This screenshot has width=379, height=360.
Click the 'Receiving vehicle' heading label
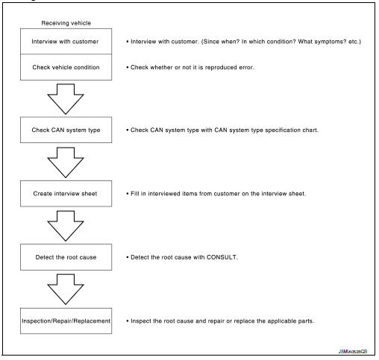pyautogui.click(x=66, y=23)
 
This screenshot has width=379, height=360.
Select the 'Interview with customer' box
pyautogui.click(x=66, y=41)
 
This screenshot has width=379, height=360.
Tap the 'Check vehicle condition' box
pyautogui.click(x=66, y=67)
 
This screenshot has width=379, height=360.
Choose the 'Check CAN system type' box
pyautogui.click(x=66, y=130)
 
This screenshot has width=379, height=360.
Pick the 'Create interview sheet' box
pyautogui.click(x=66, y=194)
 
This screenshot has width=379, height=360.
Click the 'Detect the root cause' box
pyautogui.click(x=66, y=257)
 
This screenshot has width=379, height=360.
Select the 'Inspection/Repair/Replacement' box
pyautogui.click(x=66, y=320)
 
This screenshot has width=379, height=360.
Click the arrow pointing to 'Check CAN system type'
pyautogui.click(x=66, y=99)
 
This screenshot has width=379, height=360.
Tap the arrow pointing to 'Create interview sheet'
pyautogui.click(x=66, y=162)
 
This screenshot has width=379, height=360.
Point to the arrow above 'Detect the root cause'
pyautogui.click(x=66, y=226)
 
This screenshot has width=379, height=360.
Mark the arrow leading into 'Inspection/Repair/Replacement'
pyautogui.click(x=66, y=289)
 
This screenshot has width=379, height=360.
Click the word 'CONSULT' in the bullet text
pyautogui.click(x=222, y=257)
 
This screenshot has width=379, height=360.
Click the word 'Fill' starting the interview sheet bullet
pyautogui.click(x=135, y=194)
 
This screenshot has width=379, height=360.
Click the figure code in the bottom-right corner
pyautogui.click(x=353, y=351)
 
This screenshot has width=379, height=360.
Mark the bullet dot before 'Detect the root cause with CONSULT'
pyautogui.click(x=128, y=257)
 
